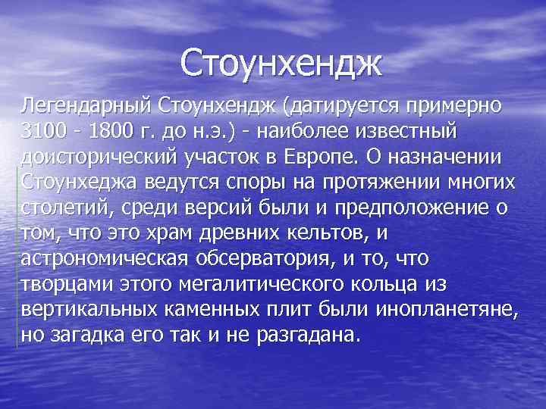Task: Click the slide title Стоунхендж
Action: coord(282,64)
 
